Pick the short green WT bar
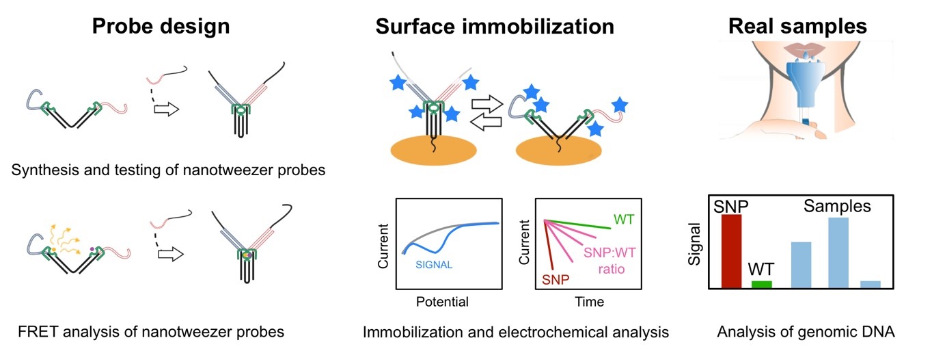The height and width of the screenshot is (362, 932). coord(761,283)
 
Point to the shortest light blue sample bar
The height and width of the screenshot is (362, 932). coord(870,283)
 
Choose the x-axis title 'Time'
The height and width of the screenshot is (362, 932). coord(589,302)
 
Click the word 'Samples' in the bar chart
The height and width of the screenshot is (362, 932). coord(837,207)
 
